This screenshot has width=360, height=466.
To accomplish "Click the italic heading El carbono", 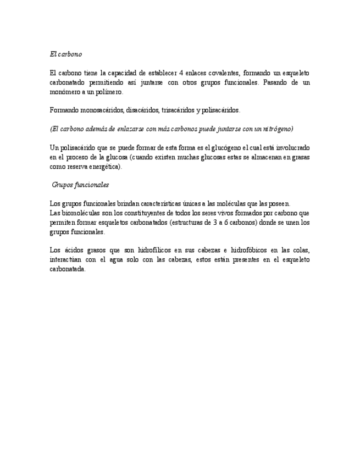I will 65,54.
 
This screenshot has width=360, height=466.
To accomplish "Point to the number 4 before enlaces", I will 181,73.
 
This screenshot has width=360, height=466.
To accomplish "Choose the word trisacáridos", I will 177,110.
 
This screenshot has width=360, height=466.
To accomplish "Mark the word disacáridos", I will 142,110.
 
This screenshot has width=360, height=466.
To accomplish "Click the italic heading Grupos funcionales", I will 80,185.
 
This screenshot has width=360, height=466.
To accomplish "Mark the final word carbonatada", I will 67,269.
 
